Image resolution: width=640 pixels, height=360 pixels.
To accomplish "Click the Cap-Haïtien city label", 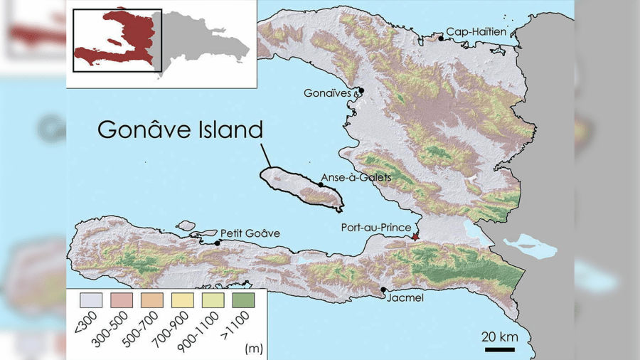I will tap(476, 32).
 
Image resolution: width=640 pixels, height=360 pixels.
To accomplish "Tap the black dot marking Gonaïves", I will tap(361, 90).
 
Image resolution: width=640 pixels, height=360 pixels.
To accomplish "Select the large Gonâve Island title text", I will tap(180, 130).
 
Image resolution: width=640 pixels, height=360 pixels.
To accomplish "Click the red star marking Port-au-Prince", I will tap(416, 236).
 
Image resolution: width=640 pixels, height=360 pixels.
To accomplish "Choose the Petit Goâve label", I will tap(250, 233).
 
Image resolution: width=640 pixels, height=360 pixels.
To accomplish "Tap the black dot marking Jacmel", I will tap(384, 290).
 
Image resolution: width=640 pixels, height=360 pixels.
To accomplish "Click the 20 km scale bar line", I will tap(500, 349).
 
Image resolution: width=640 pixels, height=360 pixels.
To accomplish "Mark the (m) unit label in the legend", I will tap(252, 349).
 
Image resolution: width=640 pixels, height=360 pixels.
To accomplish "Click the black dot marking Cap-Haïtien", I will tap(441, 38).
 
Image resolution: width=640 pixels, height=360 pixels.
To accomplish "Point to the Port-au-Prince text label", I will tap(376, 228).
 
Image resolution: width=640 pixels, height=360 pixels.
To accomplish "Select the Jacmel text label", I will tap(405, 298).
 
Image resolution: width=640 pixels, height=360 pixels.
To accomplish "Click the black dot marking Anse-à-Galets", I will tap(321, 185).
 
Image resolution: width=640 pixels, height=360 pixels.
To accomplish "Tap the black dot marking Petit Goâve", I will tap(218, 243).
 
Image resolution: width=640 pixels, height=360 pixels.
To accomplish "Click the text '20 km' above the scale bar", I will tap(498, 336).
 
